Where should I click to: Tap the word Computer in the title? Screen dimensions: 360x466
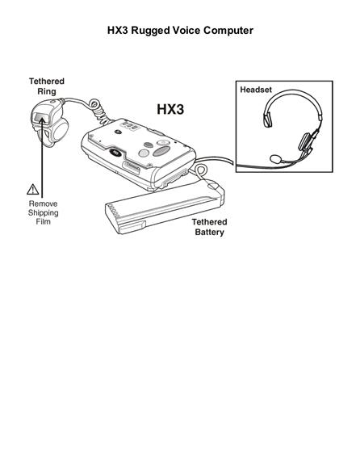(228, 31)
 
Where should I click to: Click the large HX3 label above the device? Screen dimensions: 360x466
(170, 109)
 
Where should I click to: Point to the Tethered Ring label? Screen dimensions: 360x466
(47, 86)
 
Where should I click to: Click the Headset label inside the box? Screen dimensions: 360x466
(256, 90)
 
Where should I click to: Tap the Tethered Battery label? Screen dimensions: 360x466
(209, 227)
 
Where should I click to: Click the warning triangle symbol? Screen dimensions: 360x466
(32, 189)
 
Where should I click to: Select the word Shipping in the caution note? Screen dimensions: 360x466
(44, 213)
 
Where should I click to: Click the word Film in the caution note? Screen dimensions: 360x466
(44, 222)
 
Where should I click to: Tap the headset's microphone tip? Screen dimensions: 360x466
(276, 159)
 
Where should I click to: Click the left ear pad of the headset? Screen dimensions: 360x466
(268, 120)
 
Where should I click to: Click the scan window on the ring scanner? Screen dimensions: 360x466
(40, 117)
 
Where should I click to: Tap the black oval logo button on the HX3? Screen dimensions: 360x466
(115, 152)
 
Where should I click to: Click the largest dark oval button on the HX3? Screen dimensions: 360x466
(161, 151)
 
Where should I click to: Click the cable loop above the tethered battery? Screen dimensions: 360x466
(201, 171)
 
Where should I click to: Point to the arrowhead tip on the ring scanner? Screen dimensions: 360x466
(42, 118)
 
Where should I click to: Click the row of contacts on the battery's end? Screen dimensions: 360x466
(113, 210)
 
